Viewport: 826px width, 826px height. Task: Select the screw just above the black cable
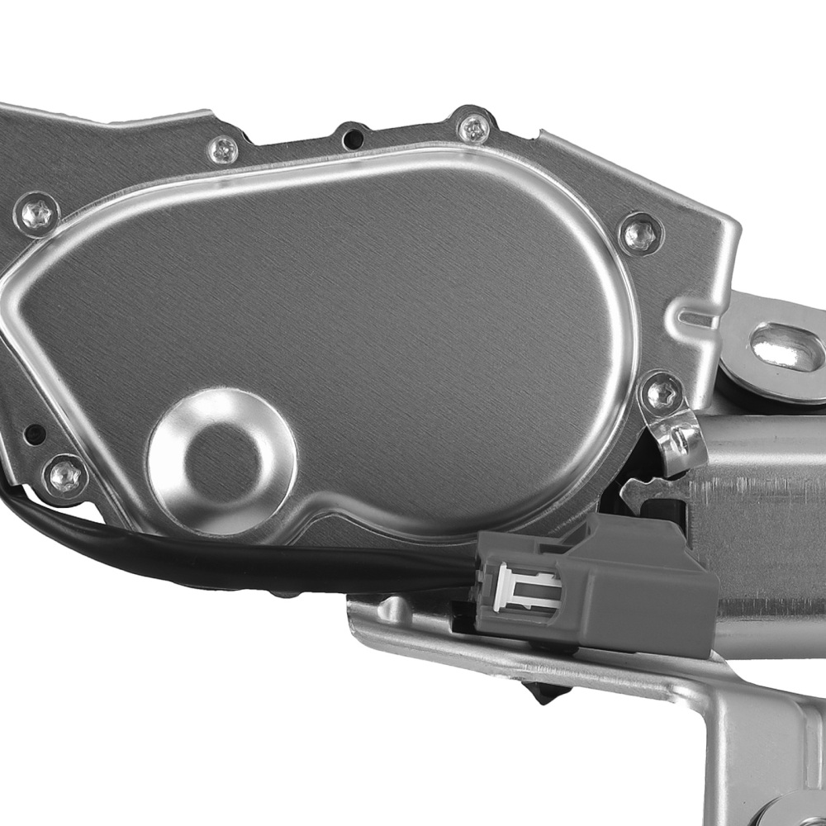click(x=64, y=475)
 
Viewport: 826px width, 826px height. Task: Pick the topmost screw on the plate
click(x=474, y=127)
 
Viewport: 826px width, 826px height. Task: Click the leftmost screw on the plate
click(x=37, y=212)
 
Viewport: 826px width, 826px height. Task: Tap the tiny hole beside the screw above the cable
click(x=34, y=431)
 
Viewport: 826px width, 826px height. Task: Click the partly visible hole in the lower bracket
click(x=805, y=814)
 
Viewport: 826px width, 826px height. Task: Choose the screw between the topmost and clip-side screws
click(x=641, y=234)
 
